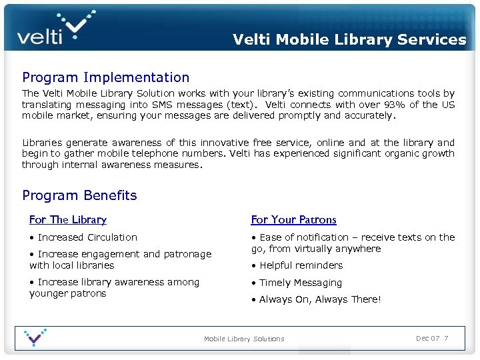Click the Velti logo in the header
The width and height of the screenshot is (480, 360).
[56, 29]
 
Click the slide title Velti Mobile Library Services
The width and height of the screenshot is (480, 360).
[349, 39]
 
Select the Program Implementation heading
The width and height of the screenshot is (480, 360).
[105, 78]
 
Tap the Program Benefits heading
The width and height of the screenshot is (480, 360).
[79, 195]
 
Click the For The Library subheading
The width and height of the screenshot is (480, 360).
[68, 219]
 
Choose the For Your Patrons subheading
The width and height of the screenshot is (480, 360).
[293, 219]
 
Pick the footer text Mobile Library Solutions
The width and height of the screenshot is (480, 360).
[244, 339]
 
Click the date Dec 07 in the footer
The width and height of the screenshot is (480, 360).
[427, 338]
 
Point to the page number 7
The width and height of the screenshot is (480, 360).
[446, 338]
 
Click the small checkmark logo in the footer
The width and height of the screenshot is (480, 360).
[35, 337]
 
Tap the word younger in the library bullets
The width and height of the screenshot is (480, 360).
[49, 293]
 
